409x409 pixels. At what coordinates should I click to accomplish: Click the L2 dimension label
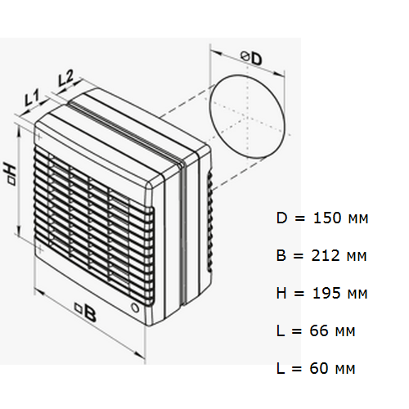click(65, 79)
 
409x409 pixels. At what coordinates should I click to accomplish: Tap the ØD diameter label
click(251, 58)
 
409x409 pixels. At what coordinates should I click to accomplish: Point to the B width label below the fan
click(86, 312)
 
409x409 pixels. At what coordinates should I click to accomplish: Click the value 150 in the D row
click(327, 218)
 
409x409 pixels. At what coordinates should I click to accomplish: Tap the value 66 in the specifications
click(319, 331)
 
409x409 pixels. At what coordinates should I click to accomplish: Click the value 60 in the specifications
click(319, 369)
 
